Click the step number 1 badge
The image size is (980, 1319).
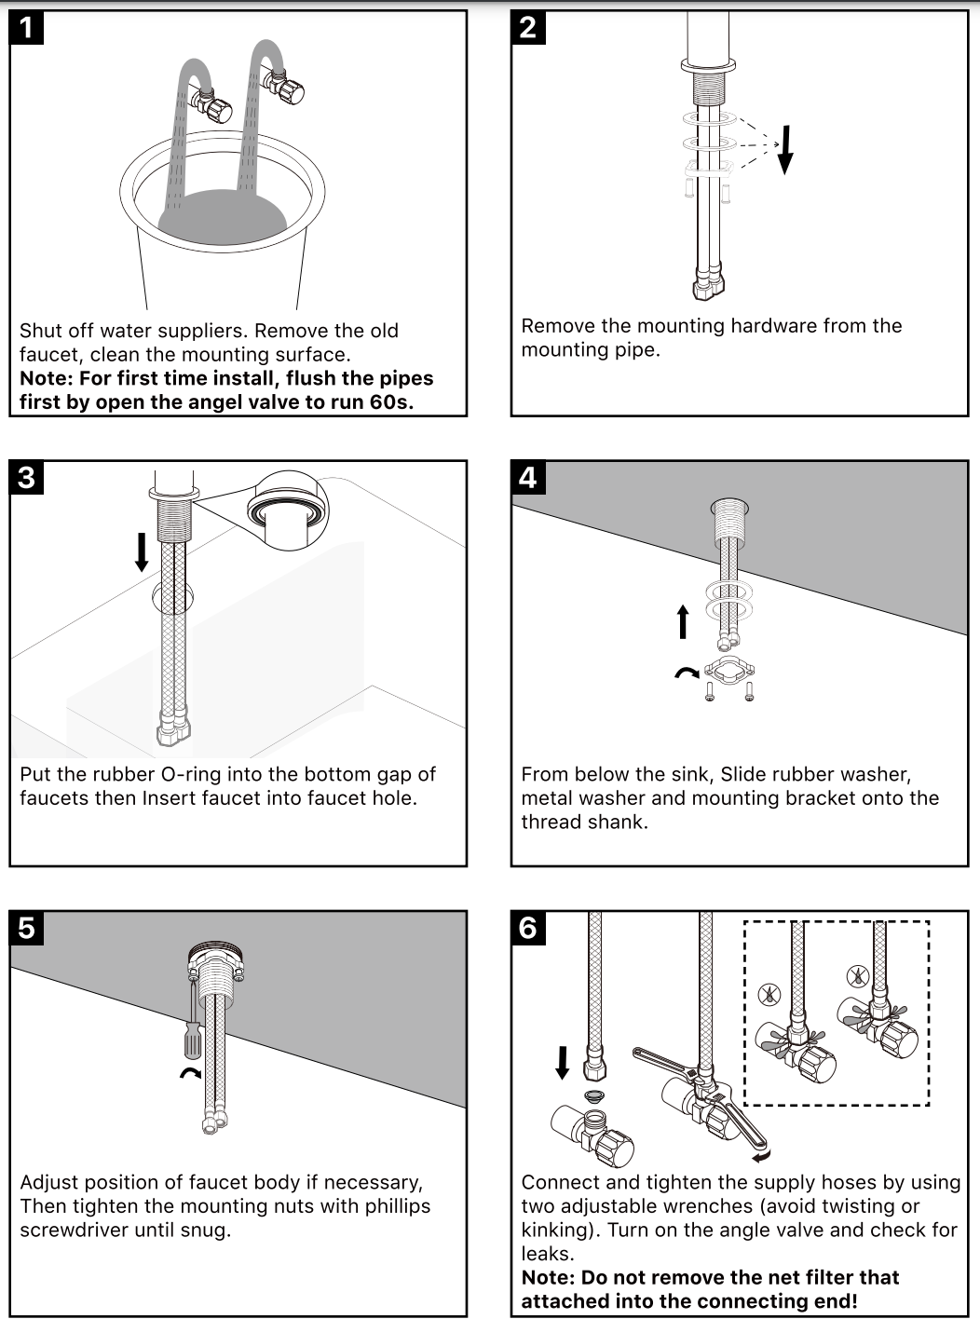tap(27, 27)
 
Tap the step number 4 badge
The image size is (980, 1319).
tap(528, 478)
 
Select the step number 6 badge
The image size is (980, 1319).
tap(528, 928)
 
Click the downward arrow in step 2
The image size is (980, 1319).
tap(785, 149)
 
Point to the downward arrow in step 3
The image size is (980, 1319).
tap(142, 551)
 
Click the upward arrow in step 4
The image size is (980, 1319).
tap(683, 621)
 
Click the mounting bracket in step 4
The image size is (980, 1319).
tap(728, 671)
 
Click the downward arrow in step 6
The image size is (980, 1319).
tap(563, 1062)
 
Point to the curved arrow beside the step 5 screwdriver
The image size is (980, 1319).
tap(190, 1074)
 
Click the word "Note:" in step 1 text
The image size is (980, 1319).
tap(47, 379)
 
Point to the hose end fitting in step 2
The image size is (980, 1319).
tap(709, 284)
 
